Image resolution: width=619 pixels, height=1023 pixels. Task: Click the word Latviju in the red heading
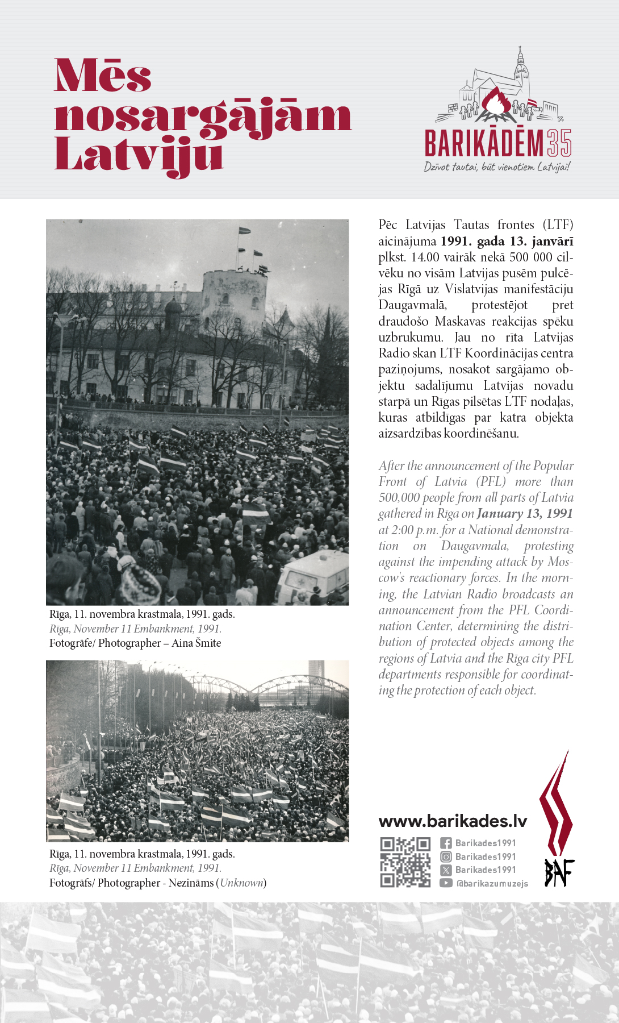pos(139,155)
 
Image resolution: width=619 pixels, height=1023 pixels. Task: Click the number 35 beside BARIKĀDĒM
pos(559,143)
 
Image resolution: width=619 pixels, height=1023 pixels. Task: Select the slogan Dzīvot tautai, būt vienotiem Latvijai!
pos(497,167)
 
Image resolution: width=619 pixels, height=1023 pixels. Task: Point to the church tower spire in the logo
pos(520,57)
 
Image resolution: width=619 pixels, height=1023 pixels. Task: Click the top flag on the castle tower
pos(244,231)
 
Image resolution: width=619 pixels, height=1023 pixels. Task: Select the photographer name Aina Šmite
pos(196,643)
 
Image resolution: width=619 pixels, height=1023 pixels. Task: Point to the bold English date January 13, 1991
pos(525,514)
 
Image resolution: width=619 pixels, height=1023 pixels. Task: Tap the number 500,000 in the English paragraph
pos(399,498)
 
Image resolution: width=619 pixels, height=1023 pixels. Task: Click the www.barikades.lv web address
pos(453,821)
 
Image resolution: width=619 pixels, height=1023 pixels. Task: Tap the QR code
pos(405,862)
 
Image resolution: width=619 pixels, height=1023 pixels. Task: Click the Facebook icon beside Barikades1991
pos(446,843)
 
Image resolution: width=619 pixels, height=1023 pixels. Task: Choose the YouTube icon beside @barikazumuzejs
pos(446,883)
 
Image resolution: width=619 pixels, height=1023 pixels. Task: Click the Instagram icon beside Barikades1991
pos(446,857)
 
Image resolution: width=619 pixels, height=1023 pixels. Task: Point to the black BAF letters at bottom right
pos(559,872)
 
